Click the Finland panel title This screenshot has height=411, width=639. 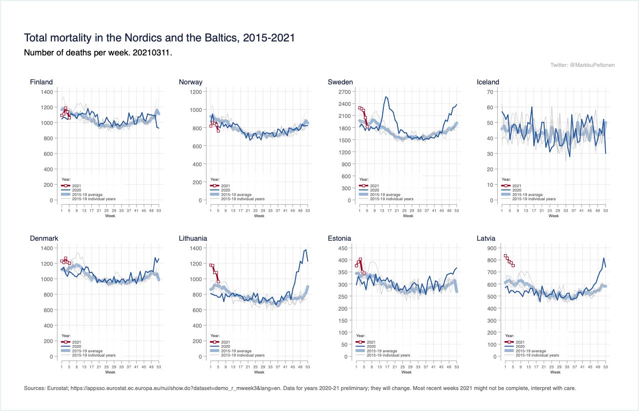pos(41,82)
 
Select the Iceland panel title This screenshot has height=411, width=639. pos(488,82)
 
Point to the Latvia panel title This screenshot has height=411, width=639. pos(486,238)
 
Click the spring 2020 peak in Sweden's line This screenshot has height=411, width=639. pos(386,97)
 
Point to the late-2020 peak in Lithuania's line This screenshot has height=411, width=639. pos(306,250)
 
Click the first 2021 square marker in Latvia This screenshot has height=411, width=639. pos(505,256)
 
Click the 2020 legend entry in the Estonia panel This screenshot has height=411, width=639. pos(371,346)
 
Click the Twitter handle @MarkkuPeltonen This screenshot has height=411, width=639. pos(583,65)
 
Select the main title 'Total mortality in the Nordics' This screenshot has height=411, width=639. pos(159,38)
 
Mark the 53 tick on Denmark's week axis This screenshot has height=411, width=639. pos(159,367)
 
